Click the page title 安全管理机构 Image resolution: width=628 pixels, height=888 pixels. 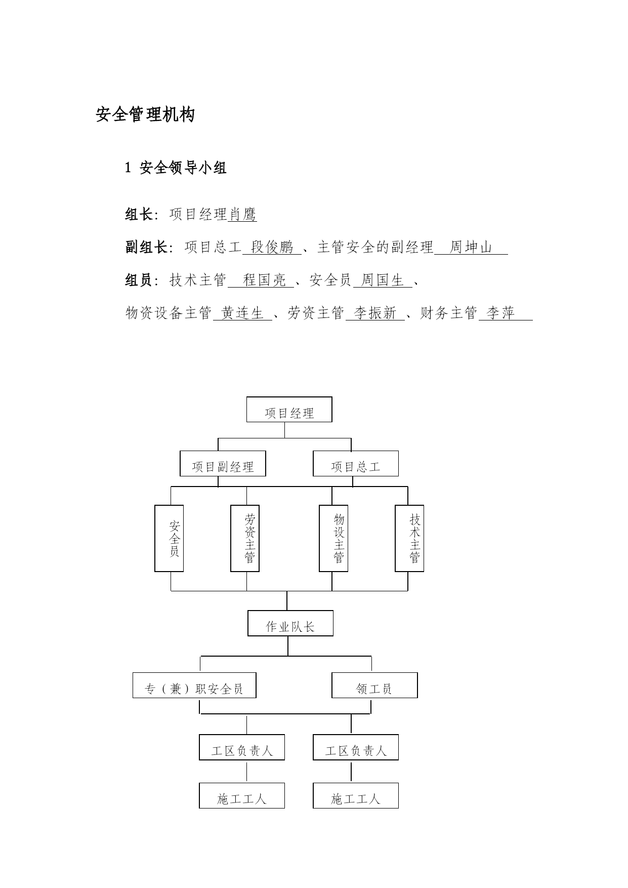(145, 115)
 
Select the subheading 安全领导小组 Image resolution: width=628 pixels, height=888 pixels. (183, 168)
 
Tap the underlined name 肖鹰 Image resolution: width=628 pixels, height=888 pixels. (242, 215)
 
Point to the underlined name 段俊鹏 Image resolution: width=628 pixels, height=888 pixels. (272, 247)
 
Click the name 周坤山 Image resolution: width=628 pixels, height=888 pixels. (471, 247)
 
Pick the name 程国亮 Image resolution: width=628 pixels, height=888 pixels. (265, 280)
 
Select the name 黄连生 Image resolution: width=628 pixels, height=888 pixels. (242, 313)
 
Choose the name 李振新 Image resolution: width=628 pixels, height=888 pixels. (375, 313)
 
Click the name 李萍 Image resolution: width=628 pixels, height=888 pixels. (500, 313)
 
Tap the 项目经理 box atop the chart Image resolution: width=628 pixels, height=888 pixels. (289, 410)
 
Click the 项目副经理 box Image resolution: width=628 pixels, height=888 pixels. (223, 464)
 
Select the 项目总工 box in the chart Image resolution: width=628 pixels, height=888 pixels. (356, 464)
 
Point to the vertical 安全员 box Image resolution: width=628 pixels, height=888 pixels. (169, 539)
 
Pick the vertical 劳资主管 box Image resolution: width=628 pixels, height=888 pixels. (245, 539)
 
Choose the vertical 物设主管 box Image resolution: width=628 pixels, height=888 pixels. (333, 539)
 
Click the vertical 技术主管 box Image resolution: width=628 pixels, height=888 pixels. (409, 539)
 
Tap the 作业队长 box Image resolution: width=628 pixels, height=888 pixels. (290, 623)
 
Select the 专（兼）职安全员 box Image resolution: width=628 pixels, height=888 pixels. (194, 685)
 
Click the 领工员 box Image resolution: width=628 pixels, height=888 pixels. (374, 685)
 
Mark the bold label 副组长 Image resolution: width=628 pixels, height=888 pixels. (146, 247)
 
